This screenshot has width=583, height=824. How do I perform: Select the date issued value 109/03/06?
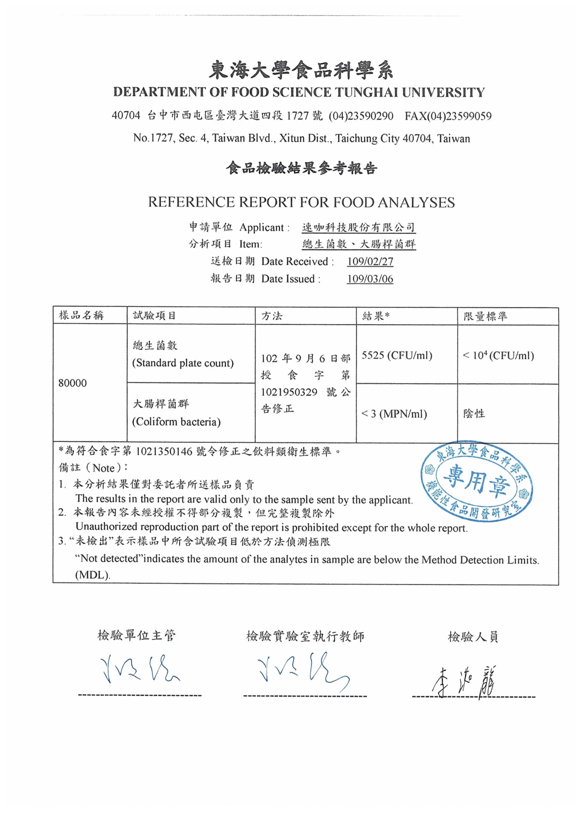[370, 279]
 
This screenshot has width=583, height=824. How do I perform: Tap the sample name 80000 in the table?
[73, 383]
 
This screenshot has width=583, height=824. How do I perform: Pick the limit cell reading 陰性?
[474, 414]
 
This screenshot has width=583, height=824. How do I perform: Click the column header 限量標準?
[485, 316]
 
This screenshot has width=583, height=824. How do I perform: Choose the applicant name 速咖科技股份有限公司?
[358, 227]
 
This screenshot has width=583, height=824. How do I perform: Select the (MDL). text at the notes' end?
[93, 575]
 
